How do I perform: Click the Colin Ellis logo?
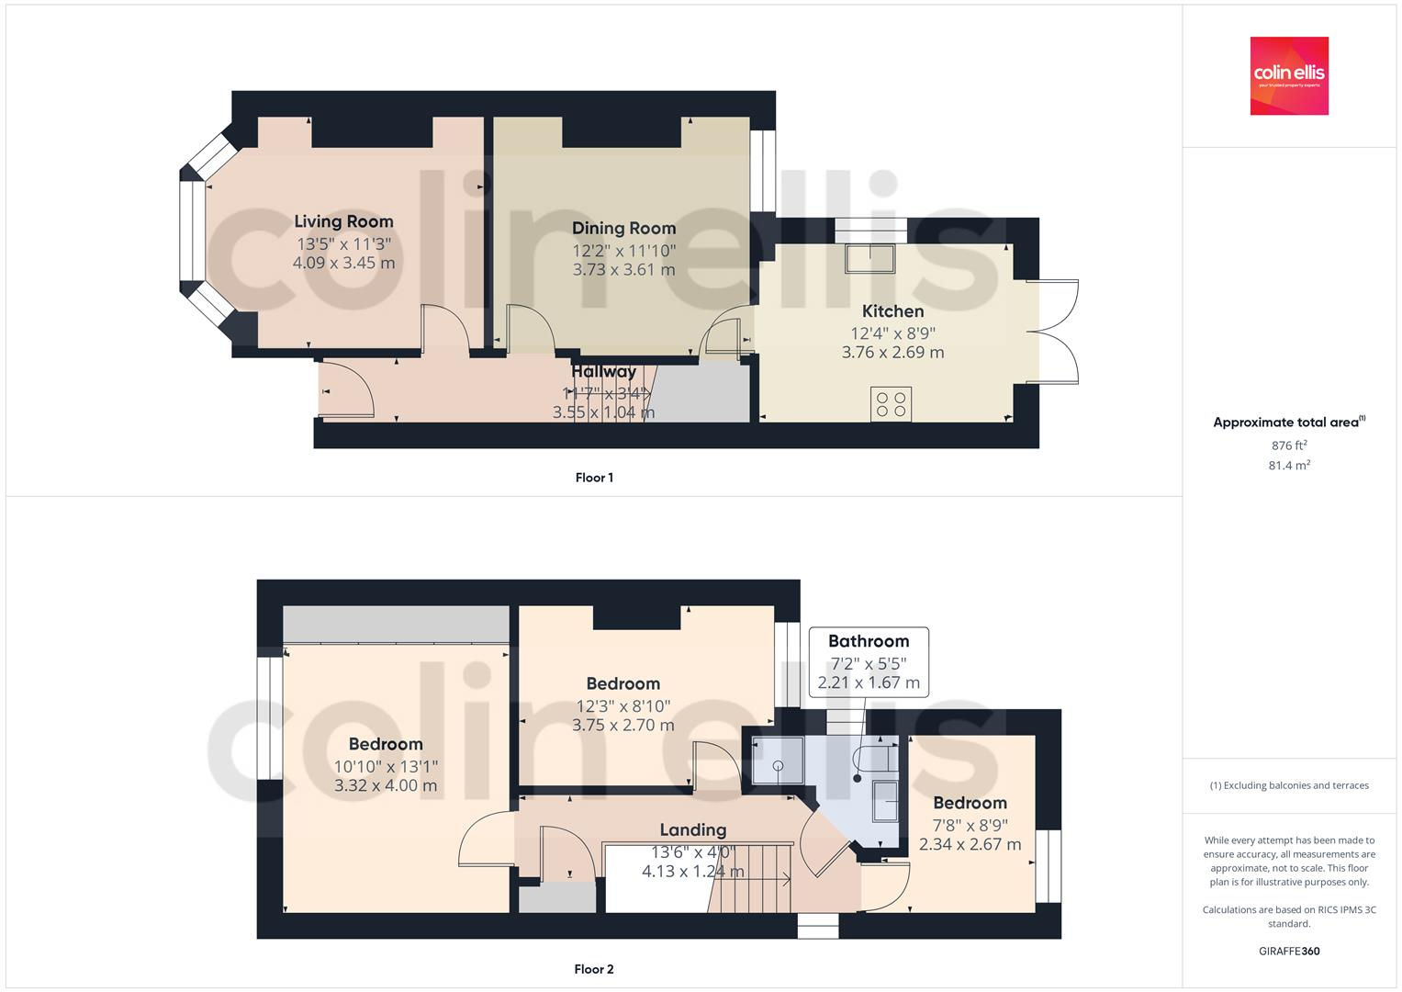click(1289, 75)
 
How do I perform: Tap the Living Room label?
click(343, 221)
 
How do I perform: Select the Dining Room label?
click(623, 228)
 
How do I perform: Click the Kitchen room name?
click(892, 310)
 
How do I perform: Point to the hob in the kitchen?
click(891, 404)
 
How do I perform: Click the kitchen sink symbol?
click(870, 259)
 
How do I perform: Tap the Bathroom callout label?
click(869, 641)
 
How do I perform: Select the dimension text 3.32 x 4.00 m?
click(386, 785)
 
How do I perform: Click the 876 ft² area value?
click(1288, 445)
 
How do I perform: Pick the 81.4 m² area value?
click(1288, 466)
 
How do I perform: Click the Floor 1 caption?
click(594, 478)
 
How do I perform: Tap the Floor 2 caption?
click(594, 969)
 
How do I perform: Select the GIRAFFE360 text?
click(1288, 952)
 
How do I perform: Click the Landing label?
click(692, 829)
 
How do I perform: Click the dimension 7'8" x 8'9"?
click(970, 825)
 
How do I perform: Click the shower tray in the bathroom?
click(778, 763)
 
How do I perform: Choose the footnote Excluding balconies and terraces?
click(1288, 785)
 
